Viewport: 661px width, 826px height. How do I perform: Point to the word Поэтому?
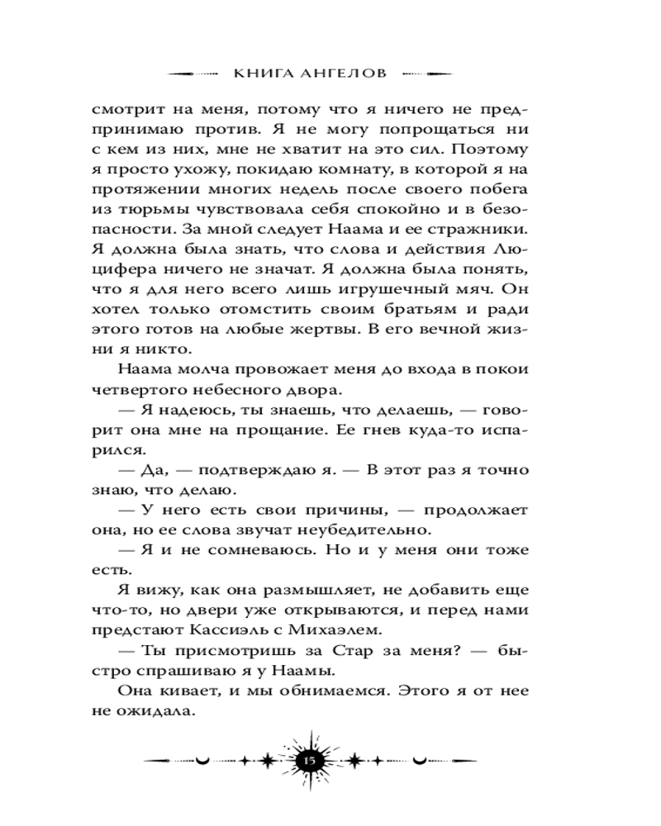point(488,151)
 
